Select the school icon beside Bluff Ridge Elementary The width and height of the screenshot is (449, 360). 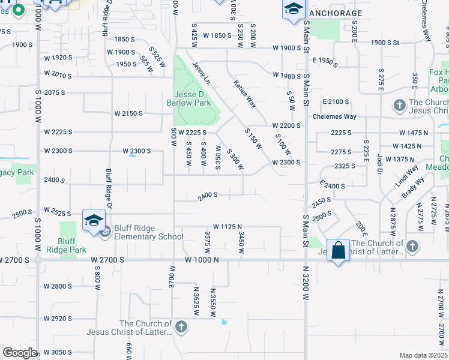point(94,221)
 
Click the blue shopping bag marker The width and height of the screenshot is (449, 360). point(339,250)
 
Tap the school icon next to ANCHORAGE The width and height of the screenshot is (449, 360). point(292,9)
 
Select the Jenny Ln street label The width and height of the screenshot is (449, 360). point(202,73)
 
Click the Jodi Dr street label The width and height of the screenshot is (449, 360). point(379,162)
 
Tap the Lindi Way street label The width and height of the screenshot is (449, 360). point(406,176)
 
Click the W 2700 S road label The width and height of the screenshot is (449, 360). point(108,260)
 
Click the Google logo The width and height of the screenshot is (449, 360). point(20,353)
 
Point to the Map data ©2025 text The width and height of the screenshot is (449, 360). point(423,355)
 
